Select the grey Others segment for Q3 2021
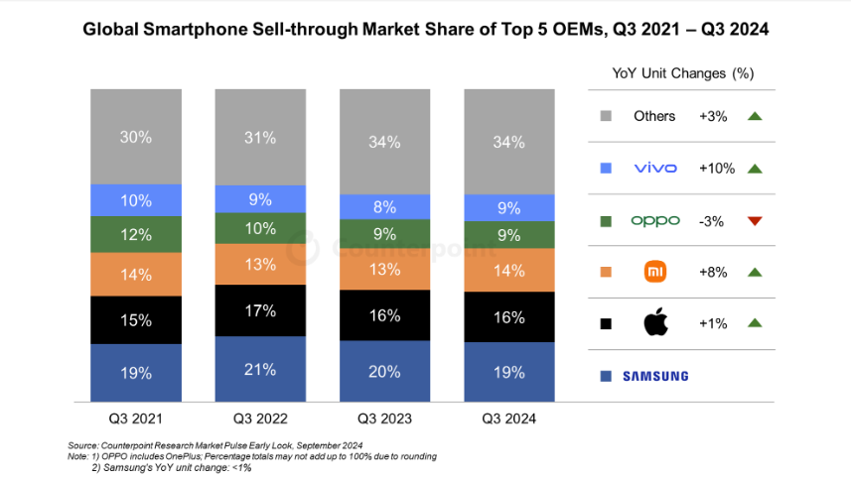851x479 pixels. click(x=136, y=137)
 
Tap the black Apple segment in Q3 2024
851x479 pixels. click(x=509, y=317)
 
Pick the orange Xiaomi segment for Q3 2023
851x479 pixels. click(x=385, y=268)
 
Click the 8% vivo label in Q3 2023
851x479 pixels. click(x=385, y=207)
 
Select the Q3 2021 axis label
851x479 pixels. click(x=136, y=419)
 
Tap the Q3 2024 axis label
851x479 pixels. click(x=509, y=419)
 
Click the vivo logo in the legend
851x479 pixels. click(x=654, y=169)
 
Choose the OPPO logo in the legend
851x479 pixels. click(x=655, y=220)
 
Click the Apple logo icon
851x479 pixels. click(x=654, y=322)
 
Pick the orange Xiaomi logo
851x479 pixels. click(x=654, y=272)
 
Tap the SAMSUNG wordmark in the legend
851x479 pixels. click(x=654, y=376)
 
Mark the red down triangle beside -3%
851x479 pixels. click(x=754, y=220)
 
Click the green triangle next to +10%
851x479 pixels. click(x=754, y=169)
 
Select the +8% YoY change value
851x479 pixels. click(x=713, y=272)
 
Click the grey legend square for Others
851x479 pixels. click(x=605, y=117)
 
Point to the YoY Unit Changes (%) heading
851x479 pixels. click(x=684, y=73)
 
